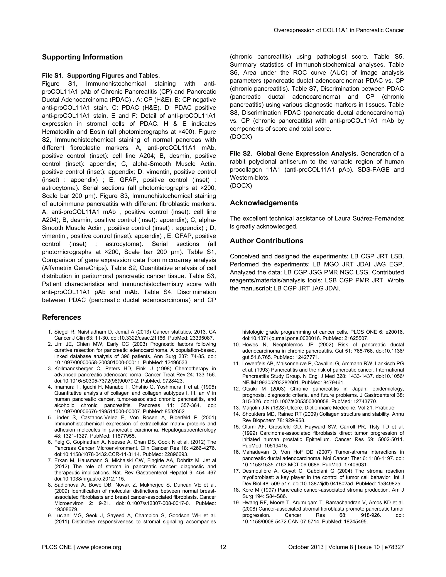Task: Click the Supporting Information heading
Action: click(82, 57)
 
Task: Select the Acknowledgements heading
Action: click(264, 203)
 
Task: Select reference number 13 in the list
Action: click(236, 408)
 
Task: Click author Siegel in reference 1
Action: click(61, 332)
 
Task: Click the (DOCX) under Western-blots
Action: click(241, 186)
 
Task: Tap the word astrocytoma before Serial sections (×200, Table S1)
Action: click(122, 244)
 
